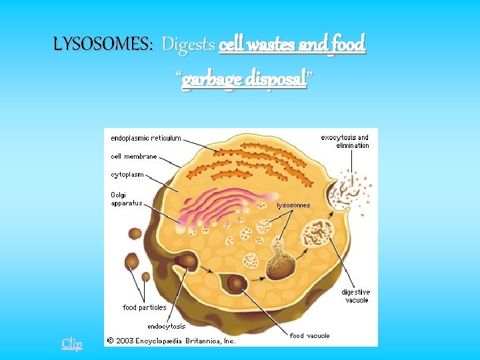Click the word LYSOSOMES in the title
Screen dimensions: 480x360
click(103, 45)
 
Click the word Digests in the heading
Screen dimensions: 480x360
click(188, 45)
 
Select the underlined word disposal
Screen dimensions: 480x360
click(273, 79)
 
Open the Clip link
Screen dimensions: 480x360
click(72, 343)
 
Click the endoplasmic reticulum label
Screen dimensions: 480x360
click(146, 138)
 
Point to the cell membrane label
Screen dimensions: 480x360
click(134, 157)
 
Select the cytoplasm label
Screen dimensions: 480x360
click(127, 175)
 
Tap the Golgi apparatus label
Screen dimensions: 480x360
click(127, 199)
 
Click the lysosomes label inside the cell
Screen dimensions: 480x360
click(293, 205)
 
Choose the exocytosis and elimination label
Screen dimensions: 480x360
click(344, 141)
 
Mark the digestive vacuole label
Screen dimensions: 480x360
click(355, 296)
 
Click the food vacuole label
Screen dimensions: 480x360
click(309, 335)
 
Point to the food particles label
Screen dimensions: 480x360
click(144, 307)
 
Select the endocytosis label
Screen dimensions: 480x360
click(166, 326)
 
